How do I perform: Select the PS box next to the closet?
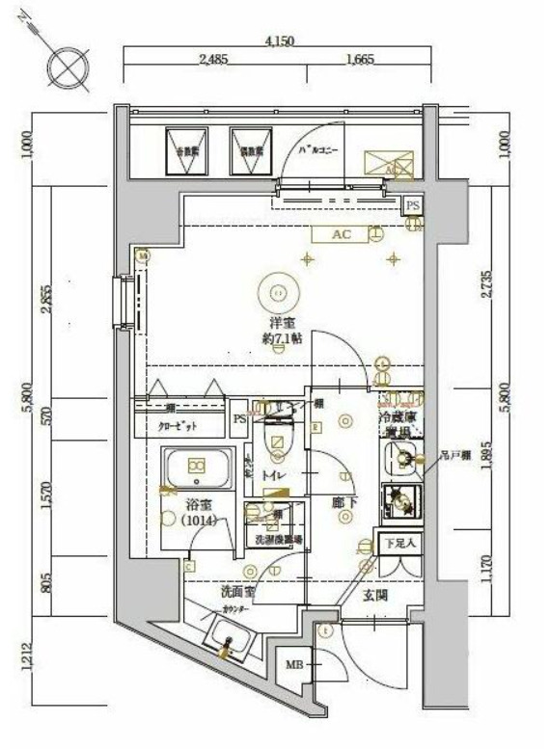tap(240, 419)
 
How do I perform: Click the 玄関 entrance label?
tap(374, 595)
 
